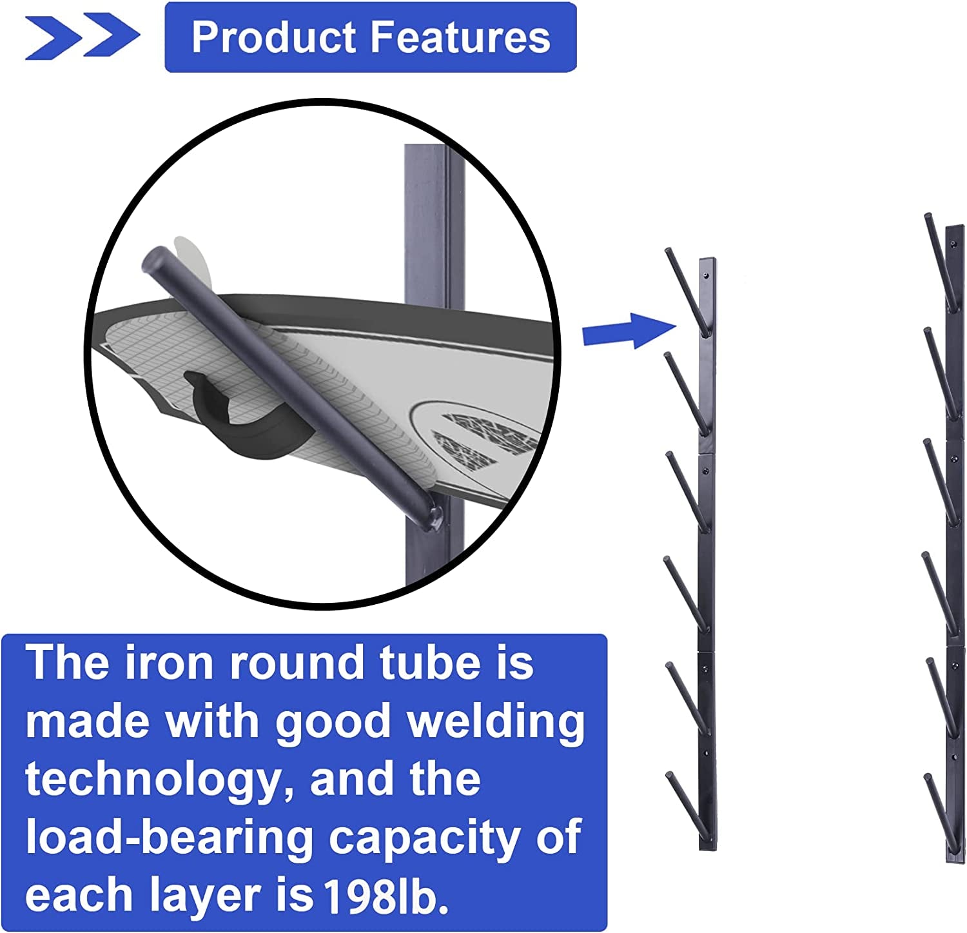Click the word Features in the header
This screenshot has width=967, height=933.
(460, 37)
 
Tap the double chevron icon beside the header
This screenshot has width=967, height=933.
(82, 36)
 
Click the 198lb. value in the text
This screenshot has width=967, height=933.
(386, 896)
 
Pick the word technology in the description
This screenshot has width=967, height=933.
(154, 780)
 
